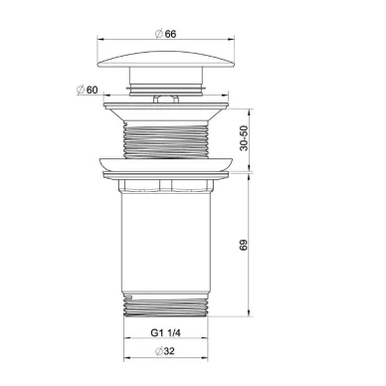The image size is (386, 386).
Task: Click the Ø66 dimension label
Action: tap(166, 34)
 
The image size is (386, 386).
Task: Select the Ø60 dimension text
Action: tap(88, 90)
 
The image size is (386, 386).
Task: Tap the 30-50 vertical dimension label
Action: tap(244, 138)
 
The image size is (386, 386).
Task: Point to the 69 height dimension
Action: tap(244, 245)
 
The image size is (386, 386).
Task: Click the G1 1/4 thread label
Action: tap(165, 332)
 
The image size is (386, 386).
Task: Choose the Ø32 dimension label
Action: tap(165, 351)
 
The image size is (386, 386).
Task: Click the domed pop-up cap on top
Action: tap(166, 59)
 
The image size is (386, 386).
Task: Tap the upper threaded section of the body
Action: tap(166, 139)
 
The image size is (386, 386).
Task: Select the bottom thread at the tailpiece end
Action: tap(166, 305)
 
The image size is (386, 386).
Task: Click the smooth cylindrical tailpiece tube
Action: tap(166, 242)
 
